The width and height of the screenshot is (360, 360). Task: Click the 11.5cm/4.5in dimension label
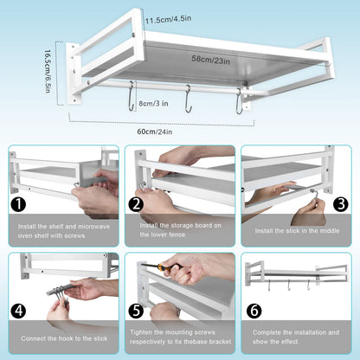[x=168, y=20]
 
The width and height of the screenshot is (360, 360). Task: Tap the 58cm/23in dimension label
[x=211, y=60]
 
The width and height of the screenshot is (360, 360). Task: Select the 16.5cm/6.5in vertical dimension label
[x=48, y=72]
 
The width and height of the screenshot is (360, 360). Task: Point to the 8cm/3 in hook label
[x=153, y=103]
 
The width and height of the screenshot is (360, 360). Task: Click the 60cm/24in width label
[x=155, y=132]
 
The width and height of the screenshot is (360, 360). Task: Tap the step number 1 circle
[x=18, y=204]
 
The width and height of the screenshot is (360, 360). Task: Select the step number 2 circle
[x=136, y=204]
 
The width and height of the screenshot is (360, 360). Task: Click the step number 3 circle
[x=341, y=204]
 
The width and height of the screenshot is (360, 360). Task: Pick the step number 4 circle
[x=18, y=311]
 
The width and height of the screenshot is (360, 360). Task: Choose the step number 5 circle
[x=136, y=311]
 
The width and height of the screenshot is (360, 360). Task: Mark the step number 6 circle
[x=254, y=311]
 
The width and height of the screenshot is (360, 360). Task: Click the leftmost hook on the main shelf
[x=132, y=96]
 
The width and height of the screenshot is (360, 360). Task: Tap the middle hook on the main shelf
[x=189, y=98]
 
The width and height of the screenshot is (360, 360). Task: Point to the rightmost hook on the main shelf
[x=239, y=101]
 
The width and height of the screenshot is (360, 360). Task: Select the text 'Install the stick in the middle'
[x=297, y=231]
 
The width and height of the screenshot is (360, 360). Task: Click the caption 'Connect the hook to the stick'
[x=64, y=338]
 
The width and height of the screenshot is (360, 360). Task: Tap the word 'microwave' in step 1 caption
[x=94, y=227]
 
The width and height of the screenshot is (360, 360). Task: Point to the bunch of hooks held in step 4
[x=62, y=293]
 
